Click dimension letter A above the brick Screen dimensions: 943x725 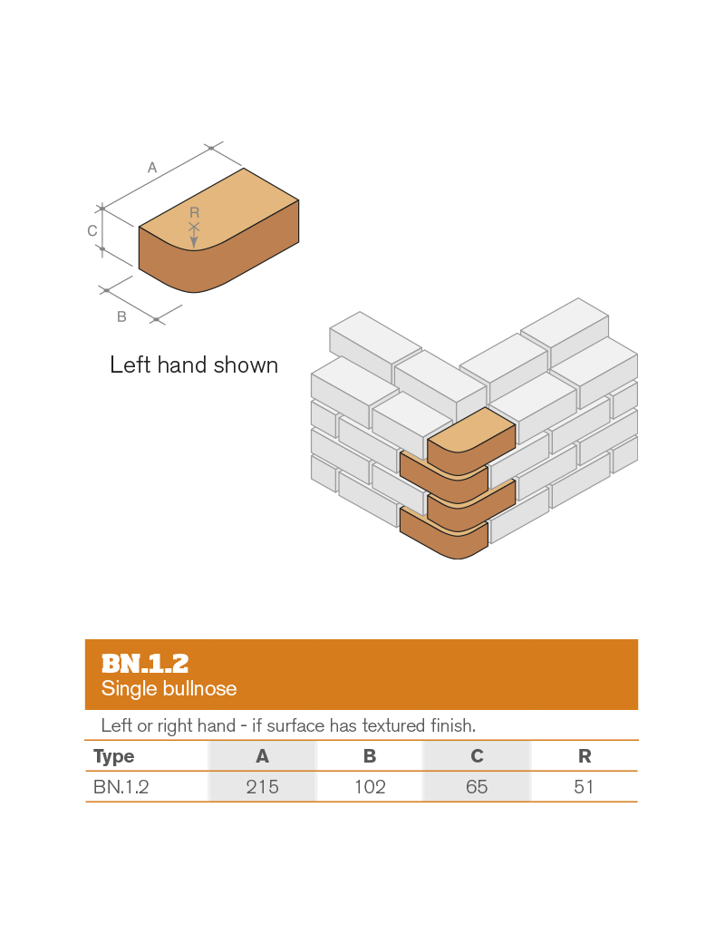(x=152, y=168)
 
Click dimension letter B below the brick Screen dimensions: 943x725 (x=121, y=316)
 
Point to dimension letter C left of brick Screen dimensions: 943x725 (x=92, y=231)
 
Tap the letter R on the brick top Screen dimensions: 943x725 (x=194, y=212)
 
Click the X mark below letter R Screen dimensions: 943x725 (x=194, y=227)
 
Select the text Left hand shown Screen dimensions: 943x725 (x=194, y=365)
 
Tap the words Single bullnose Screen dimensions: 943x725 (x=169, y=689)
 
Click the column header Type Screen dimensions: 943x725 (x=113, y=756)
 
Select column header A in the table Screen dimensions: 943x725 (x=263, y=756)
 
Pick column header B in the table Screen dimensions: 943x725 (x=370, y=756)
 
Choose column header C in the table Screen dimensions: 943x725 (x=477, y=756)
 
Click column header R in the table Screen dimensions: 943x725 (x=585, y=756)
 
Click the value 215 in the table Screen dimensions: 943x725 (x=263, y=787)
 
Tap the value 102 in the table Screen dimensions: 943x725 (x=370, y=787)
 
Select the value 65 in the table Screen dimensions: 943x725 (x=477, y=787)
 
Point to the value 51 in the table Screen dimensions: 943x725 (x=585, y=787)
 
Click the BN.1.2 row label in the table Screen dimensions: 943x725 (x=121, y=787)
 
